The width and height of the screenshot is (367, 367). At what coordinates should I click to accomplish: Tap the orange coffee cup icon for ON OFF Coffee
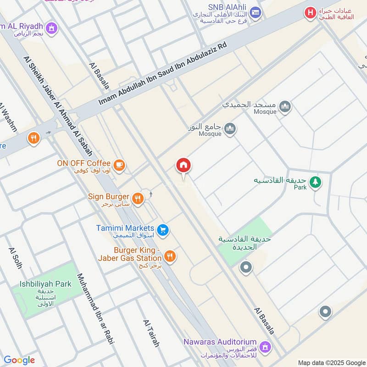click(119, 165)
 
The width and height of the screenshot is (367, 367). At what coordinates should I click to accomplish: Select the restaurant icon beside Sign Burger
click(138, 199)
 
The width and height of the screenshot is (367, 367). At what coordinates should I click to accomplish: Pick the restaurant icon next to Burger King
click(170, 256)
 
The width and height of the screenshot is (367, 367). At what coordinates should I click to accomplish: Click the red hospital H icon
click(311, 13)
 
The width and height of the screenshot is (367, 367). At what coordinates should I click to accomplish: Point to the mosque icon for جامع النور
click(230, 129)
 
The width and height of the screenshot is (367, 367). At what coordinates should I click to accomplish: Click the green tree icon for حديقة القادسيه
click(315, 182)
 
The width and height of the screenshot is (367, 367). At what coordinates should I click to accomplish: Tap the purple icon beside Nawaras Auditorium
click(264, 345)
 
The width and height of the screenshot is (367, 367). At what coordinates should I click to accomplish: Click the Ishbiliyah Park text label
click(45, 284)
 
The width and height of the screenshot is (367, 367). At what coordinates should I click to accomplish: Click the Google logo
click(19, 360)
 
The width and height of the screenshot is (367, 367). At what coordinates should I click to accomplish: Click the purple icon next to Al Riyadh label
click(52, 28)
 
